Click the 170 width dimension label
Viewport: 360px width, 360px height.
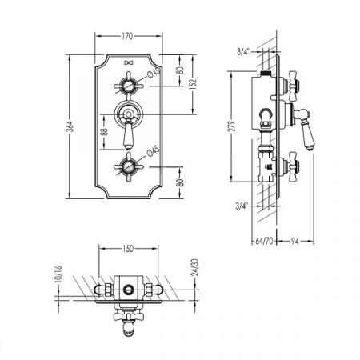(x=127, y=36)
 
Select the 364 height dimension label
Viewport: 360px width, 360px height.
(x=70, y=126)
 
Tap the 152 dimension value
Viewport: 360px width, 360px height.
(x=194, y=84)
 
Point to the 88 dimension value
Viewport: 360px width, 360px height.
(x=105, y=132)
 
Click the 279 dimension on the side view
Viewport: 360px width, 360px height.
(x=232, y=126)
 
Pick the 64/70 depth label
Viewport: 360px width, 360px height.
(x=264, y=241)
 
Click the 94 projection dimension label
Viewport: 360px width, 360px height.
(x=294, y=242)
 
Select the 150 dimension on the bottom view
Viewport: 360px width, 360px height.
(x=128, y=249)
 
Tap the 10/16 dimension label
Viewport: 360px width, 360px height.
(x=59, y=274)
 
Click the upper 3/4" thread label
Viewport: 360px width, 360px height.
(x=242, y=52)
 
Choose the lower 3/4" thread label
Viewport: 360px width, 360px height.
(x=242, y=206)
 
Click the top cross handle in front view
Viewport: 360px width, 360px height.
(x=129, y=86)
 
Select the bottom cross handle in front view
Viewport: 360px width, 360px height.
(x=129, y=167)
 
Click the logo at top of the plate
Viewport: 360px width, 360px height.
(x=129, y=62)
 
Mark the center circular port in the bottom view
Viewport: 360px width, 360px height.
(x=129, y=290)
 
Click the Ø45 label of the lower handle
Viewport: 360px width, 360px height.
(x=153, y=151)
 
